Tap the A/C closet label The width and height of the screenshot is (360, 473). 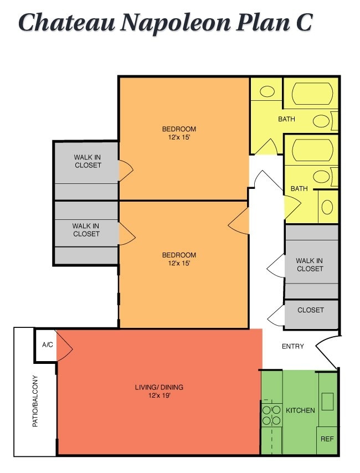point(48,345)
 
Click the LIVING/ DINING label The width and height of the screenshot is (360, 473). point(159,387)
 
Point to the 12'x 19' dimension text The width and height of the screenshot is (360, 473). point(159,395)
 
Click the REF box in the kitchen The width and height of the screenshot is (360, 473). point(327,439)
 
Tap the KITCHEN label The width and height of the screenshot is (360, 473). point(300,410)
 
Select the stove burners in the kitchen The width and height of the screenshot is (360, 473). point(271,415)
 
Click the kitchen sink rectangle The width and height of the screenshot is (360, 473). point(327,400)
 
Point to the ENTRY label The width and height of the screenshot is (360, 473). point(293,347)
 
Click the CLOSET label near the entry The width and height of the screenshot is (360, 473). point(310,310)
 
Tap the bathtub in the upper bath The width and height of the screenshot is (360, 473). point(312,94)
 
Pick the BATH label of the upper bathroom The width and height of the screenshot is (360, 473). point(286,119)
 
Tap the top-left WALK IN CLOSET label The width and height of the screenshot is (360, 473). point(88,161)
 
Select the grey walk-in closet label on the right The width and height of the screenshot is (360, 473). point(310,265)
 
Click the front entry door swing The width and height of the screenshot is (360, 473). point(327,350)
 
